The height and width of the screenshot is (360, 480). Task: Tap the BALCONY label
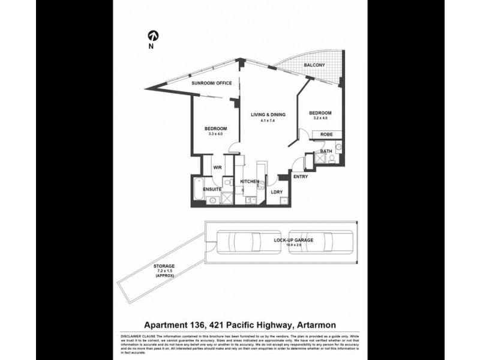point(314,65)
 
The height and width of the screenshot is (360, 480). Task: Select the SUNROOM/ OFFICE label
point(211,83)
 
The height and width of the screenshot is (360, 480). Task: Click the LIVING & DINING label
point(268,115)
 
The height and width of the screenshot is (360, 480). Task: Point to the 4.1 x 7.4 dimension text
point(268,121)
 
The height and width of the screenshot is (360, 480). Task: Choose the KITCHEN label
point(250,181)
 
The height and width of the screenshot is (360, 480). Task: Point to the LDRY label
point(277,191)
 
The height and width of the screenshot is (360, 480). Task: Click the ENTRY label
point(301,176)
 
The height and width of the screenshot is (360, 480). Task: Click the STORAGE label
point(163,266)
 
